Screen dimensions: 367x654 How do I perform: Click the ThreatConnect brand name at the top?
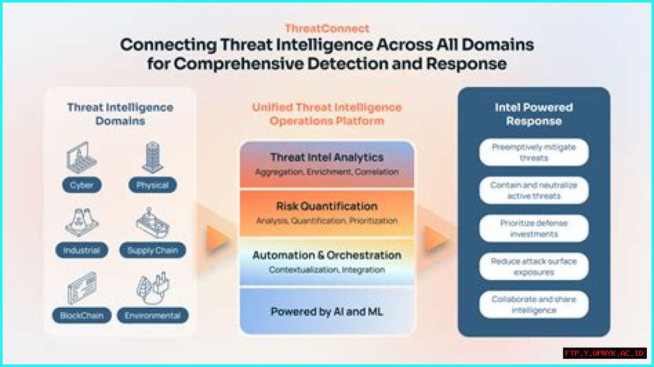(x=327, y=29)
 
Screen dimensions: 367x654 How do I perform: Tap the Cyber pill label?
(x=82, y=185)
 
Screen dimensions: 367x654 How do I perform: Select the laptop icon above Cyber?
(x=82, y=157)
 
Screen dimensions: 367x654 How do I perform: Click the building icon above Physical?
(x=152, y=157)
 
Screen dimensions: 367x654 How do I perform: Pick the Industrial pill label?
(x=82, y=250)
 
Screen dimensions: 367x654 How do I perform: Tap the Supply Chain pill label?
(x=152, y=250)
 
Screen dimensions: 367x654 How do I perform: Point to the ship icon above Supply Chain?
(x=152, y=223)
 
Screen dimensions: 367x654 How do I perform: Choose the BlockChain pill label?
(x=82, y=315)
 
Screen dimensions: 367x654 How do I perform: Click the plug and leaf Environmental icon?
(x=152, y=288)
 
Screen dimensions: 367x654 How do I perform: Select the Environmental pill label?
(x=152, y=315)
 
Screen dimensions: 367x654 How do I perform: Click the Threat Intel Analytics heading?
(x=327, y=157)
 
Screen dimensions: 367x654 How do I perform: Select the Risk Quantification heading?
(x=327, y=207)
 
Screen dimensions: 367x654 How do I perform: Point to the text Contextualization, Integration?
(x=327, y=269)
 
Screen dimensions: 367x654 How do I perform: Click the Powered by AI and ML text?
(x=327, y=312)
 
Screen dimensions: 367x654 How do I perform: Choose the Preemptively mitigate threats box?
(x=533, y=152)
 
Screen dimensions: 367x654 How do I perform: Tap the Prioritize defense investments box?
(x=533, y=228)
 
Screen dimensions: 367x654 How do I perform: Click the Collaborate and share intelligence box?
(x=533, y=305)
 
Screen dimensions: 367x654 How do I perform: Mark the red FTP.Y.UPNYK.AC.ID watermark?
(x=605, y=353)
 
